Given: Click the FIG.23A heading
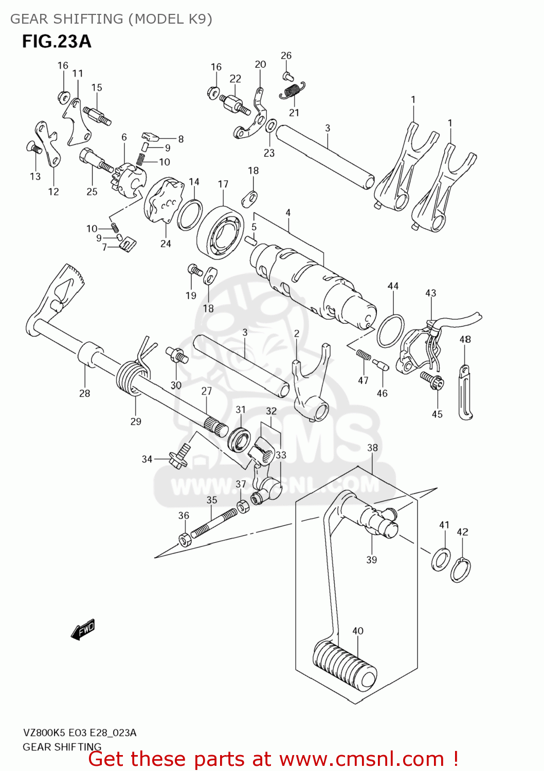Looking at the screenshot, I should pos(57,42).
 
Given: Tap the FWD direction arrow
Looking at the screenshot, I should pos(83,629).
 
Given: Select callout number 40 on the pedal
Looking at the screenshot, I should pos(358,631).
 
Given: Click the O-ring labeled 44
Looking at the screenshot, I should pos(390,332).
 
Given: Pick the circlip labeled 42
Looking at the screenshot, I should pos(460,570).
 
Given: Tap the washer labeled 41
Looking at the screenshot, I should pos(441,560).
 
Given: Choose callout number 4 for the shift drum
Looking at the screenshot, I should pos(288,212).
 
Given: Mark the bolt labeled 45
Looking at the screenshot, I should pos(430,381).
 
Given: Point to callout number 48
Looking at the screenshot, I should pos(465,339).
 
